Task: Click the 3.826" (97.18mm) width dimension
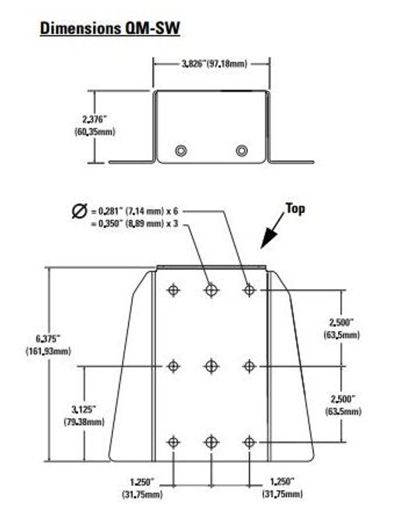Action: (211, 63)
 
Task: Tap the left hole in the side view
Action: (182, 150)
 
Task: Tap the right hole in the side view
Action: (241, 150)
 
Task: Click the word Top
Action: (295, 209)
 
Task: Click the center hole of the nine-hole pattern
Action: (211, 365)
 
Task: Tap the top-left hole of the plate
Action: (173, 290)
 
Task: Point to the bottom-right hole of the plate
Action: (250, 442)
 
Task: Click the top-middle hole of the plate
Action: (211, 290)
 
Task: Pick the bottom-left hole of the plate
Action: (173, 442)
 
